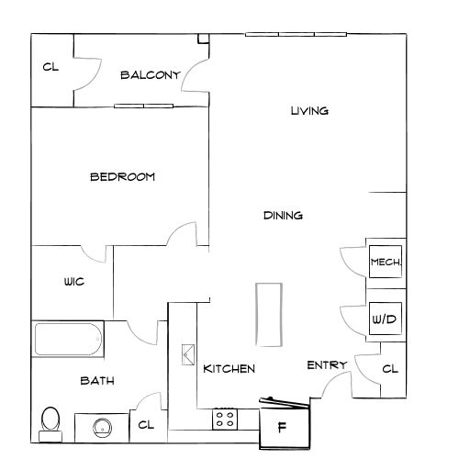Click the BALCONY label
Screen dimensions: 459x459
point(151,75)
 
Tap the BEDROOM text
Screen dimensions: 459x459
point(122,177)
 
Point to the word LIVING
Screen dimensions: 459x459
point(309,111)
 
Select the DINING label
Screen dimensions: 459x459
point(283,216)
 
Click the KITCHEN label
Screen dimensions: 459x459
point(229,369)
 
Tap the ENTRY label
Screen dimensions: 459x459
point(327,365)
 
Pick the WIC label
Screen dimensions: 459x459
point(74,282)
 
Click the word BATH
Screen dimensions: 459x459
point(97,381)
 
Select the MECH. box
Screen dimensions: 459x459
point(386,262)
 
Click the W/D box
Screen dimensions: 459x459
point(386,319)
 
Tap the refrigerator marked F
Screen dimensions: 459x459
point(285,426)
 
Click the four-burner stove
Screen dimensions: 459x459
point(225,419)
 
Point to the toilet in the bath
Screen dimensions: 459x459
point(50,424)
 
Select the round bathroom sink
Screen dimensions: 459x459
point(102,428)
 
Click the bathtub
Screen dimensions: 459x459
point(68,339)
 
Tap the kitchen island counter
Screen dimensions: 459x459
point(269,315)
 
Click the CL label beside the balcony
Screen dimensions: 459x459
point(50,67)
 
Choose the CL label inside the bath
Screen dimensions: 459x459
point(146,425)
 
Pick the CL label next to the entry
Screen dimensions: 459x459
point(390,369)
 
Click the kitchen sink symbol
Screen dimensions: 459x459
point(188,354)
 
